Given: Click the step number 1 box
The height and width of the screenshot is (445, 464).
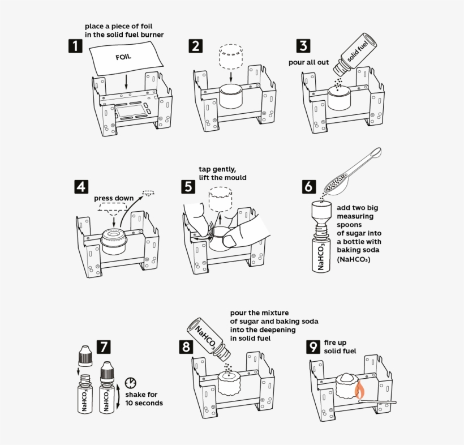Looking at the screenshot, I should (x=75, y=46).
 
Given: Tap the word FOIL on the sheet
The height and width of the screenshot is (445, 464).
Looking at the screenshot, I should (x=124, y=57).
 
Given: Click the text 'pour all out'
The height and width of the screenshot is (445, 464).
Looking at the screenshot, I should (x=308, y=62).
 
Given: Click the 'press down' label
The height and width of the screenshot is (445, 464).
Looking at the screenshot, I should (x=114, y=198).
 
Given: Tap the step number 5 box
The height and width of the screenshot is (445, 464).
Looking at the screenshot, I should (x=188, y=186).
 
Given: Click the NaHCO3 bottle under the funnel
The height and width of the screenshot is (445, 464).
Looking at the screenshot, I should (x=321, y=253).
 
